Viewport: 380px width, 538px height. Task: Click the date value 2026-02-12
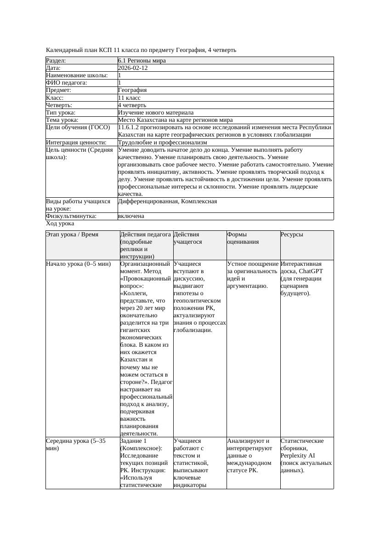133,68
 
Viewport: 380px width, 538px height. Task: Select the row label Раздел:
56,61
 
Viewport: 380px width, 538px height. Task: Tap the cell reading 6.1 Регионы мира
142,61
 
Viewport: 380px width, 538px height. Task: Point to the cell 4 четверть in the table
132,105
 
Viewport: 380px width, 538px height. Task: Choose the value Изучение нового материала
156,113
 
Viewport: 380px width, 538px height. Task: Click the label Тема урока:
62,120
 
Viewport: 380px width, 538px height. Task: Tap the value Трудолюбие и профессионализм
163,143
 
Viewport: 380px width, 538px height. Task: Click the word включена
131,216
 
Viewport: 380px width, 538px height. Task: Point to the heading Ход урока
60,223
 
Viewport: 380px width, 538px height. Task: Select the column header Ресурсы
292,235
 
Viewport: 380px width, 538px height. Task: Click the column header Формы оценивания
243,238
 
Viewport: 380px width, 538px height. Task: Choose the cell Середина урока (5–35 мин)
76,444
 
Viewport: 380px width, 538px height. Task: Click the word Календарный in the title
63,50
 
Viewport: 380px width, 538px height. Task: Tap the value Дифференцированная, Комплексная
168,201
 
